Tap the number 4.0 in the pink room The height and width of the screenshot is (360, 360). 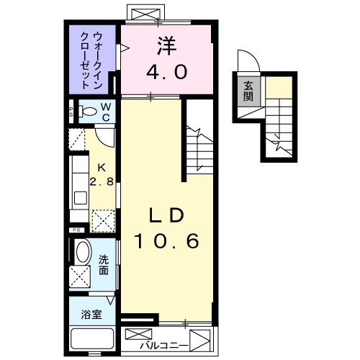point(167,72)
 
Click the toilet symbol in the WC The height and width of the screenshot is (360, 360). point(87,111)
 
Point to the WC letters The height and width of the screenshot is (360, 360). point(106,111)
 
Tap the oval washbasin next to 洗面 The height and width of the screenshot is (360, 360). point(83,253)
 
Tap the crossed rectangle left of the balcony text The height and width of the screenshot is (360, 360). point(139,336)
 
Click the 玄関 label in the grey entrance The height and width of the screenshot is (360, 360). point(248,91)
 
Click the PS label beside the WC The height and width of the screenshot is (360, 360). point(71,111)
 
